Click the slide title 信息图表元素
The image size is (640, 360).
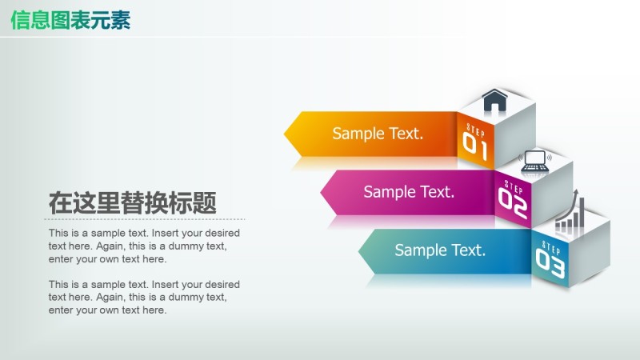point(70,21)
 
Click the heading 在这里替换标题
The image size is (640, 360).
point(132,203)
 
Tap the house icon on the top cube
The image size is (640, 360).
point(495,101)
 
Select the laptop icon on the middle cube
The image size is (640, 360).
point(534,162)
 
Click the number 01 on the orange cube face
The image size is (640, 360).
point(475,144)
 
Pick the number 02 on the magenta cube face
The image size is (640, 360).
point(513,202)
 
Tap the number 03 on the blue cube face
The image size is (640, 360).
point(550,261)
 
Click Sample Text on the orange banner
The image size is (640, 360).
point(378,134)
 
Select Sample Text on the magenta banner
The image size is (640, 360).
point(409,192)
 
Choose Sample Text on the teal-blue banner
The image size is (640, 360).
point(440,250)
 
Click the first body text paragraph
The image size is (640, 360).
point(144,246)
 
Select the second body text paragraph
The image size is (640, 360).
point(144,297)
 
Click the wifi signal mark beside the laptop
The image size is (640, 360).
point(550,156)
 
